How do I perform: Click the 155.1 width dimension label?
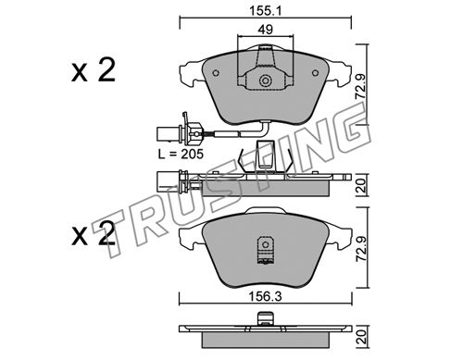coord(266,11)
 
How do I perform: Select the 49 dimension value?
coord(266,30)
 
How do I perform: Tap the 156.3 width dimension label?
coord(266,297)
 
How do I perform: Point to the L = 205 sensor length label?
coord(181,154)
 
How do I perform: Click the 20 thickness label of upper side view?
coord(361,185)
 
